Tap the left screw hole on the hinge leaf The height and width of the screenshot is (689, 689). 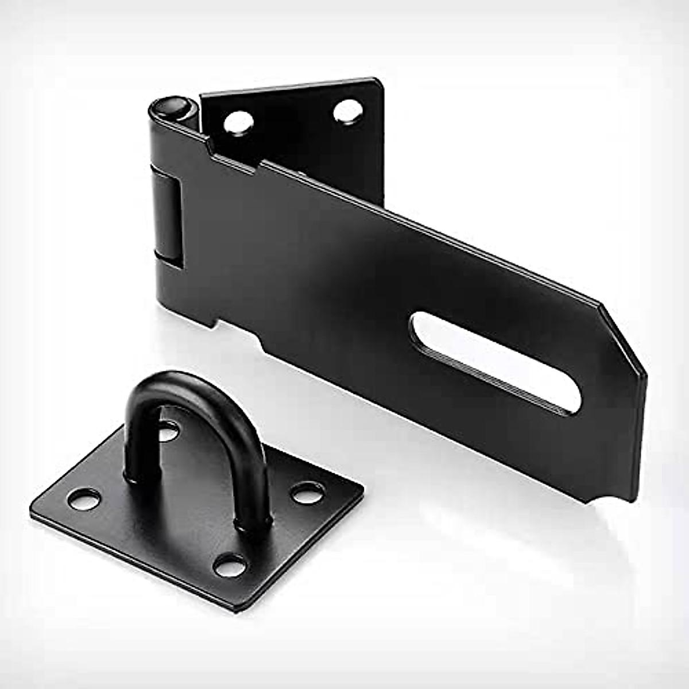[x=238, y=121]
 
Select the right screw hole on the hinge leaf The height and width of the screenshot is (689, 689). [x=347, y=110]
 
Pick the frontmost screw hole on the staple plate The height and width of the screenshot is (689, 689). [x=229, y=566]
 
